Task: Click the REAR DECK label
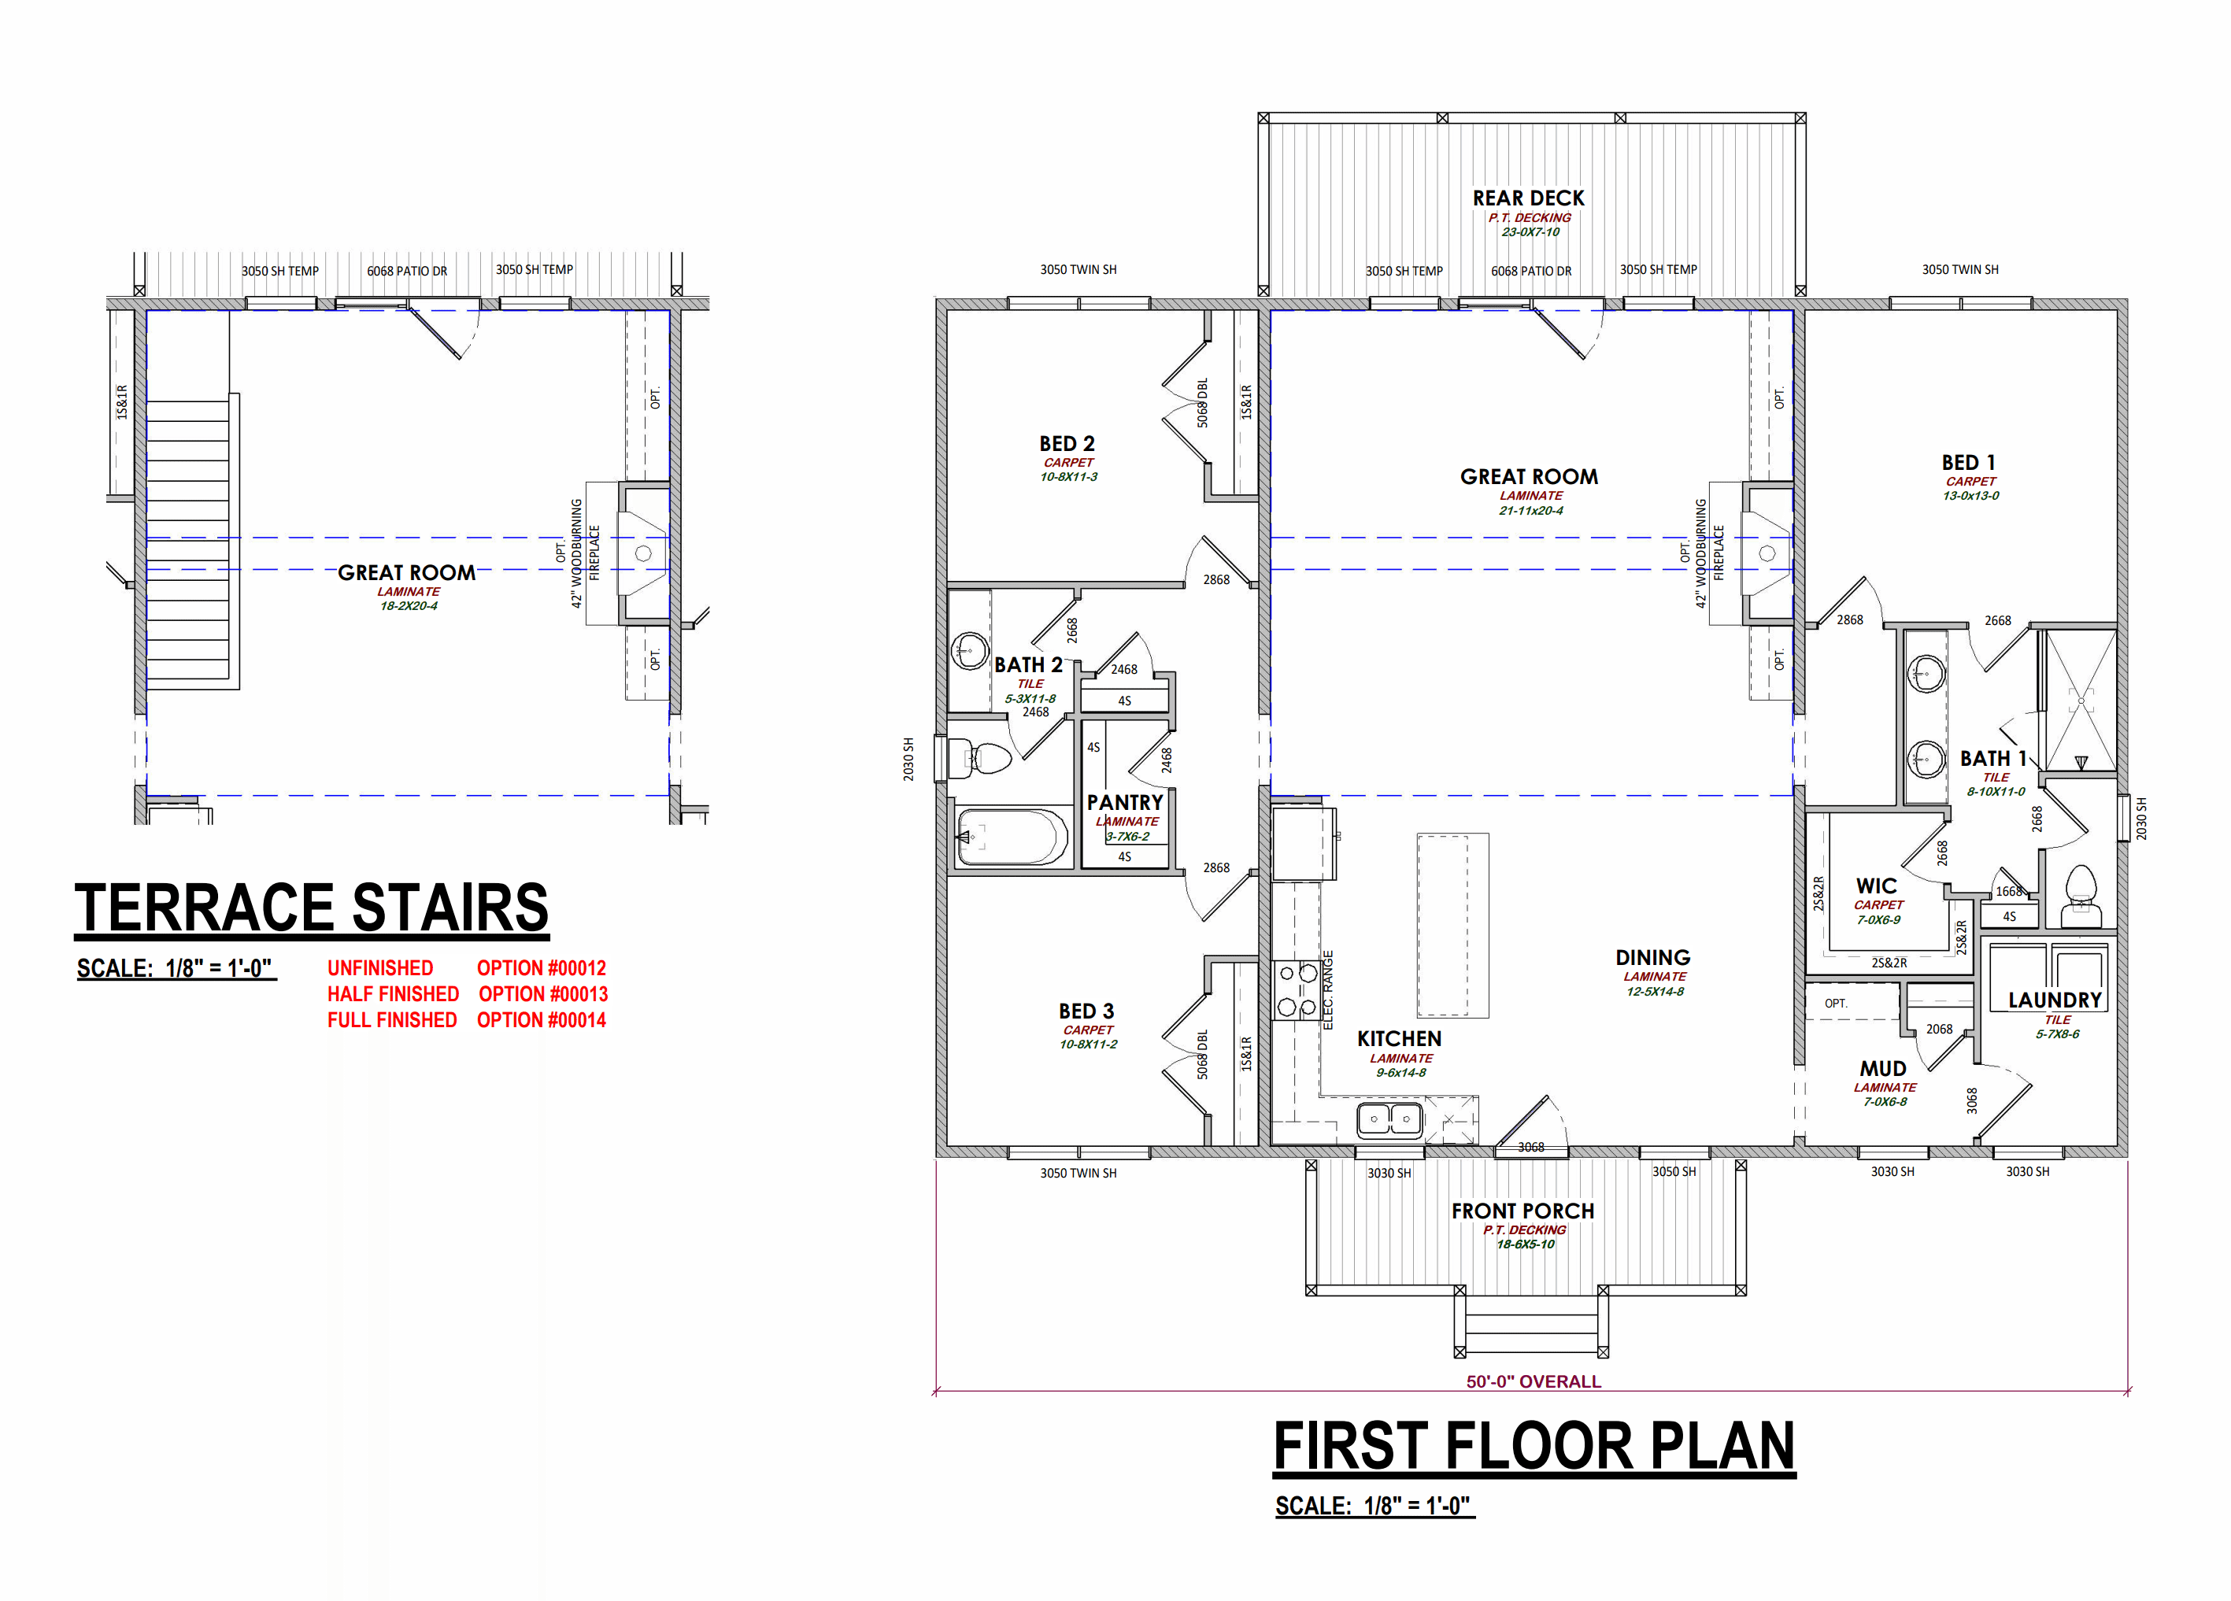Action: coord(1528,198)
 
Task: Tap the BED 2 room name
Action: coord(1067,443)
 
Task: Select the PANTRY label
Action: coord(1124,802)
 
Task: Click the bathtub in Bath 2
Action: coord(1012,837)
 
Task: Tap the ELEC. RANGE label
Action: coord(1327,989)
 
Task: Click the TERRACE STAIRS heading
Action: coord(312,907)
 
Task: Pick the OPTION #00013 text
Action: coord(543,994)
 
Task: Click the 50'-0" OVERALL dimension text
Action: coord(1534,1381)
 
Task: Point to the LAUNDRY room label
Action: coord(2054,1000)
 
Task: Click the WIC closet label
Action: coord(1876,886)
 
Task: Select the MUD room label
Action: coord(1883,1069)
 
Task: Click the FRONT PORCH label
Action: coord(1522,1211)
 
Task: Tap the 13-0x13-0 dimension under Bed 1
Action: coord(1970,496)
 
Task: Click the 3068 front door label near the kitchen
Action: coord(1530,1147)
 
